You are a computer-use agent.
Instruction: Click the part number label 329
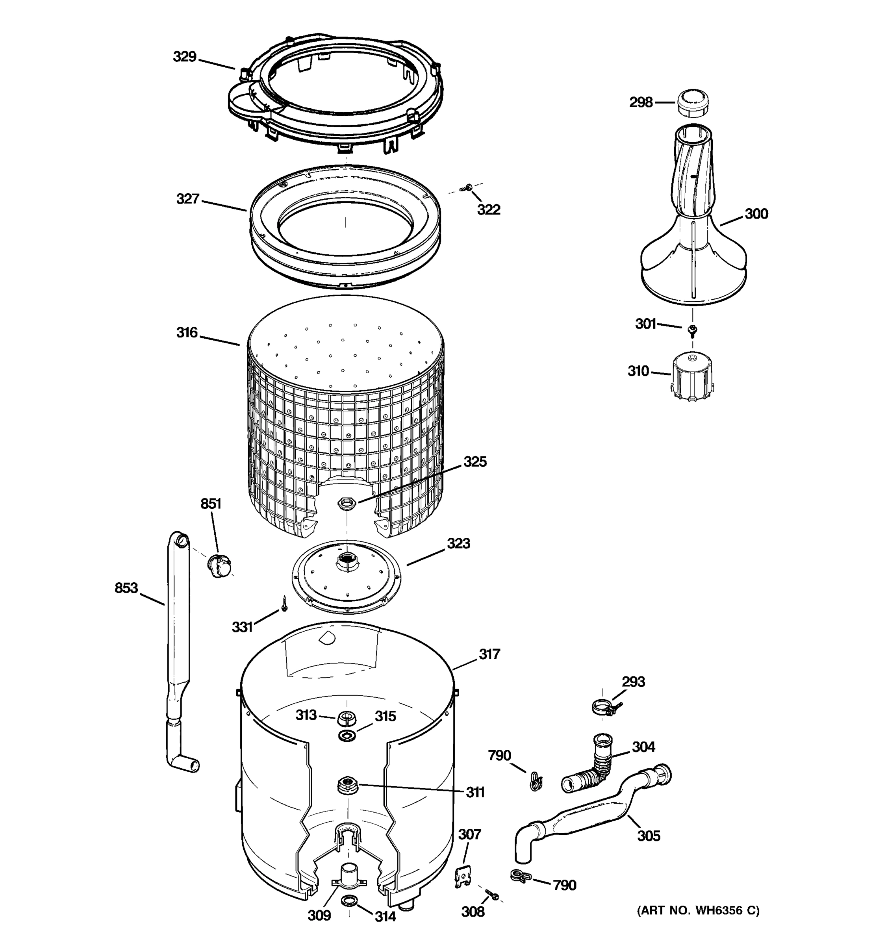point(184,57)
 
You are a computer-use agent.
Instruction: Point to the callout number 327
point(188,199)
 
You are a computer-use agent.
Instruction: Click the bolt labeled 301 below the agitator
point(692,329)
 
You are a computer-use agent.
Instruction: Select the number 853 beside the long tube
point(126,588)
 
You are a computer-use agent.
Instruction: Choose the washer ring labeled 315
point(347,736)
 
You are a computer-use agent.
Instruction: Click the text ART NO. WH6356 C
point(698,910)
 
